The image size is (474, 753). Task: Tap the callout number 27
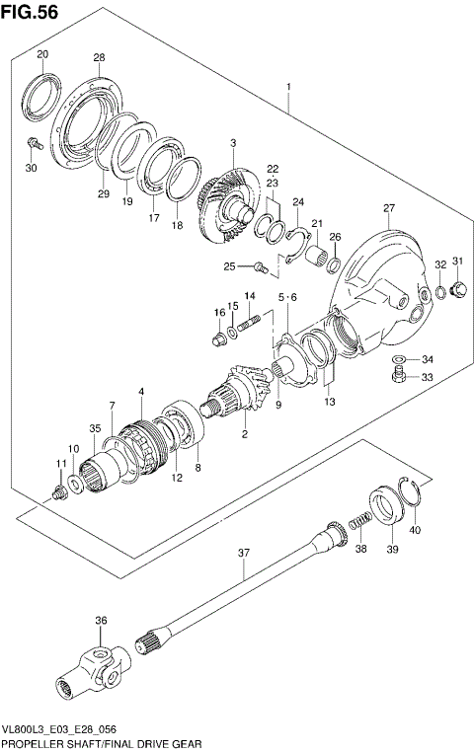pyautogui.click(x=389, y=207)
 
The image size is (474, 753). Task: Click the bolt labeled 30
pyautogui.click(x=33, y=144)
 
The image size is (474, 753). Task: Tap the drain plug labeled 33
pyautogui.click(x=396, y=375)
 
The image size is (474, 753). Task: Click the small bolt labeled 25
pyautogui.click(x=260, y=265)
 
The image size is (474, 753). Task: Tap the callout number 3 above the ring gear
pyautogui.click(x=232, y=144)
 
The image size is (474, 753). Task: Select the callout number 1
pyautogui.click(x=288, y=88)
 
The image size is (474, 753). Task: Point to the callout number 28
pyautogui.click(x=99, y=58)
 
